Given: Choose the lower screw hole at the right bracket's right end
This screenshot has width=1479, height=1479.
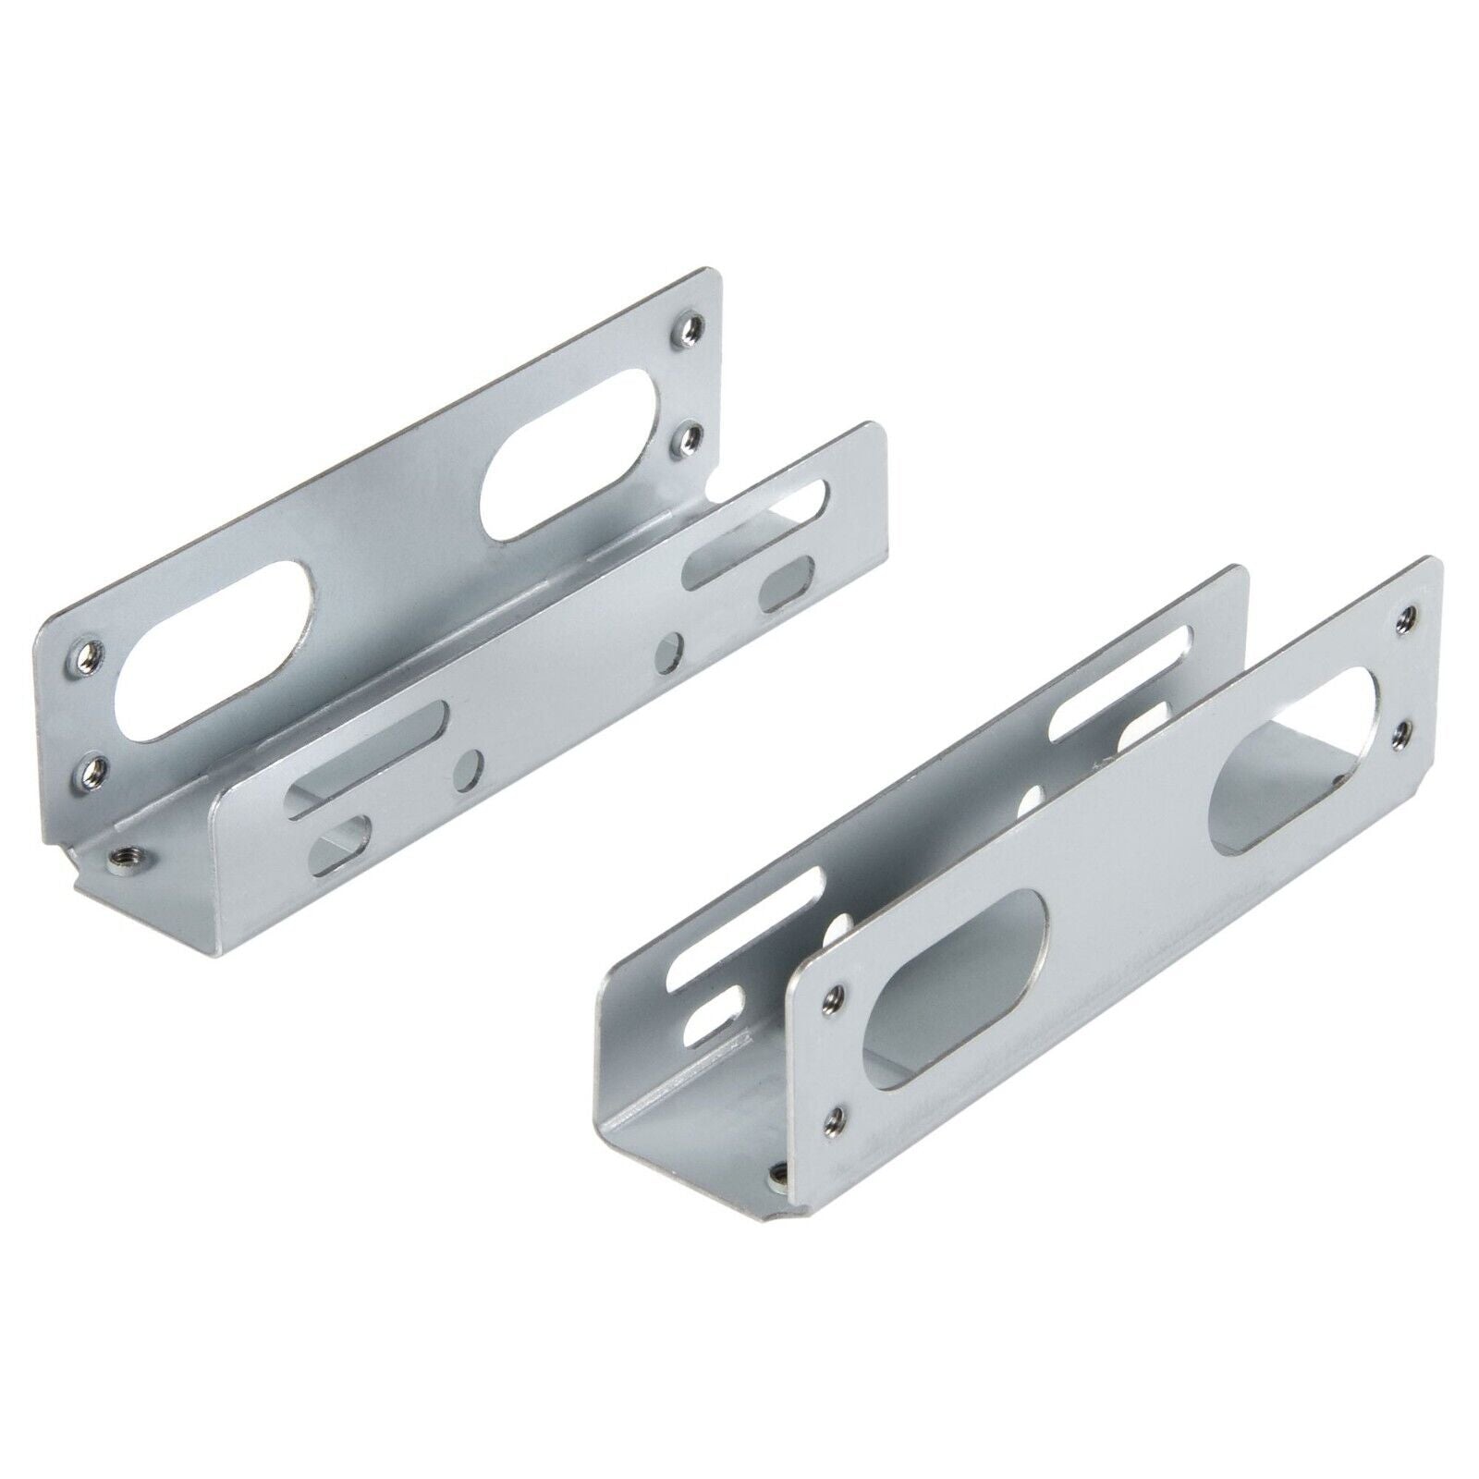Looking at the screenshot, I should pyautogui.click(x=1404, y=730).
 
